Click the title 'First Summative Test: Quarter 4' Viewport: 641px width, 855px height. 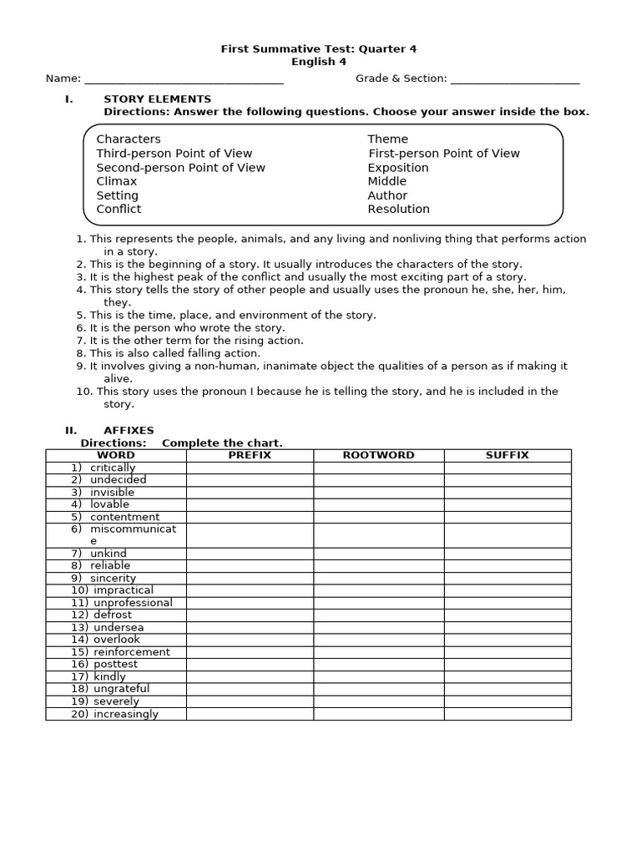(x=318, y=49)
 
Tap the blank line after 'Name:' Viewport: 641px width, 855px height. (x=184, y=80)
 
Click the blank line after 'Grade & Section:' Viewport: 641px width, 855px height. (x=514, y=80)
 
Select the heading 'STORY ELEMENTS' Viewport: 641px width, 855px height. (x=157, y=99)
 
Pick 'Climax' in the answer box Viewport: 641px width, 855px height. (x=117, y=181)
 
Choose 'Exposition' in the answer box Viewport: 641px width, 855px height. (x=398, y=168)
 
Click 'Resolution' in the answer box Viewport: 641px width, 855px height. (x=399, y=210)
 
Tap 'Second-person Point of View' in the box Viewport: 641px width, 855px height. (x=180, y=168)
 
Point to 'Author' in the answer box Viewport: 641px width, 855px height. (x=387, y=195)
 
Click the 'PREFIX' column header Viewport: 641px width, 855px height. (x=250, y=455)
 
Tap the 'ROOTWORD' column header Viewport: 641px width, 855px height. (x=378, y=455)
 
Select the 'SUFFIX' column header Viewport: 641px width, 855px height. (x=507, y=455)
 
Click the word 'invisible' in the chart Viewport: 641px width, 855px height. (x=112, y=493)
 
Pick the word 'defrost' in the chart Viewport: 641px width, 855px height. (x=113, y=615)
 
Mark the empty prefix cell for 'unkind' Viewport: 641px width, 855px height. (x=250, y=554)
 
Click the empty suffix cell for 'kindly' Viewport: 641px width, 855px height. (x=507, y=676)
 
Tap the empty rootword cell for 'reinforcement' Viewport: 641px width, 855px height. (x=378, y=652)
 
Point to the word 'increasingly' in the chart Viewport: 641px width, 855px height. (x=125, y=714)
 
